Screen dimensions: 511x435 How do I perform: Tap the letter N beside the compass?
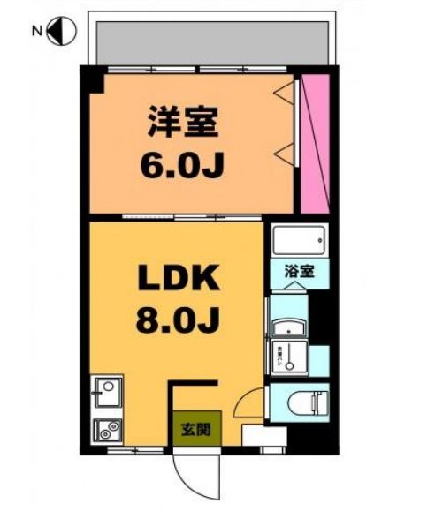(x=37, y=33)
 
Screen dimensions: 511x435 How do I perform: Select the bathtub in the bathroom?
(x=298, y=240)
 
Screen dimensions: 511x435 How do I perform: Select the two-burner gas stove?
(x=109, y=429)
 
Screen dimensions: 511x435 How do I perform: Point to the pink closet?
(x=314, y=144)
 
